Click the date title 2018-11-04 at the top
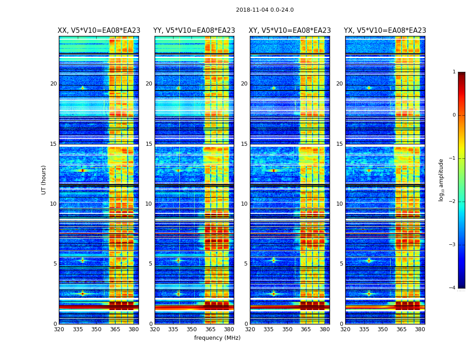(x=264, y=10)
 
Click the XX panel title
(x=99, y=31)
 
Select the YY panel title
(x=194, y=31)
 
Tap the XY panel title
(x=290, y=31)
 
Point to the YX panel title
(x=385, y=31)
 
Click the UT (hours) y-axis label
(x=44, y=180)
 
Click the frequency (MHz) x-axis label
(x=217, y=338)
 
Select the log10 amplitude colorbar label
(x=441, y=180)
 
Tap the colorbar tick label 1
(x=454, y=72)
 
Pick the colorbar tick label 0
(x=454, y=115)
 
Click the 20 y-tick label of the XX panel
(x=53, y=84)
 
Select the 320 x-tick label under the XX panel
(x=59, y=329)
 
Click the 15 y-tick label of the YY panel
(x=149, y=144)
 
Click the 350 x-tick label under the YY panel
(x=192, y=329)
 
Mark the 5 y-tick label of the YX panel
(x=341, y=264)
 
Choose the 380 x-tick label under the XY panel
(x=325, y=329)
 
